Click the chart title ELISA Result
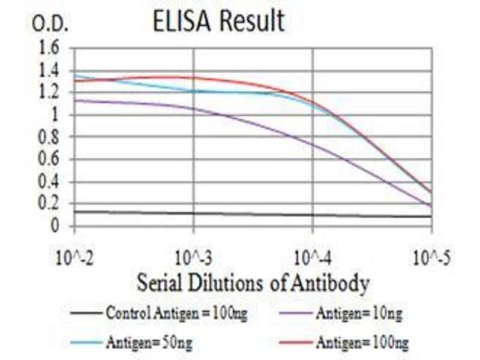[219, 22]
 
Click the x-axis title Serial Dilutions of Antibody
[252, 282]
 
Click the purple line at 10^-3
[193, 109]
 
